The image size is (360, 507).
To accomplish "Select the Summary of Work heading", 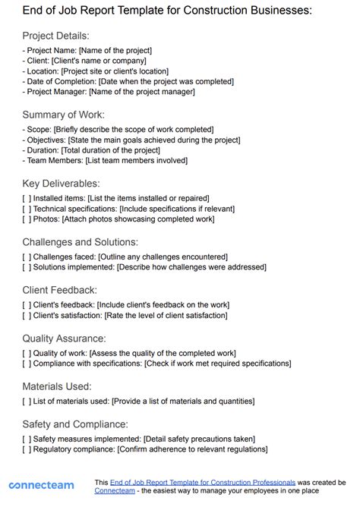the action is coord(64,115).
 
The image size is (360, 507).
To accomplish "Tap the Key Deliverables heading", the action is coord(61,183).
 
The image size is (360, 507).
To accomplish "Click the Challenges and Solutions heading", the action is coord(80,241).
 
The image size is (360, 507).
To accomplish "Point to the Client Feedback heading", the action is coord(59,289).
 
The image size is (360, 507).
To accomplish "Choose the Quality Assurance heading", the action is coord(64,338).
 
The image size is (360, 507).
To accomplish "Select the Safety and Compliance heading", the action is coord(74,424).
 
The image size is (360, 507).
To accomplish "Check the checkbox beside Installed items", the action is coord(27,197).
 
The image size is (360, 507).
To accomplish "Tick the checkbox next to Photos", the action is coord(27,219).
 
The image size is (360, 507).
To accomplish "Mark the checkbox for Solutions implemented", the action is coord(27,267).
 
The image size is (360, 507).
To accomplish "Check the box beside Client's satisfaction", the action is coord(27,315).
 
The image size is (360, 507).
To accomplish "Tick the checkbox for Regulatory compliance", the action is coord(27,449).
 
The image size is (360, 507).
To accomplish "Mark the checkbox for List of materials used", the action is coord(27,401).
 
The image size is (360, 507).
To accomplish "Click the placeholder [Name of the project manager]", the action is coord(142,92).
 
